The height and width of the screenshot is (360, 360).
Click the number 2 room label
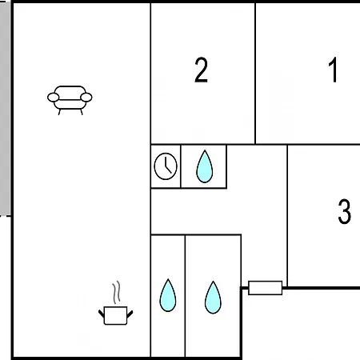click(201, 70)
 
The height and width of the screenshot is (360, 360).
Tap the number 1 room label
click(333, 70)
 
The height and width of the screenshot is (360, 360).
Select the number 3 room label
click(344, 211)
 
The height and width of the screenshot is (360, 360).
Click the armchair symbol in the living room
click(70, 100)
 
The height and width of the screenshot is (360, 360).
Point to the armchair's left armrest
click(53, 98)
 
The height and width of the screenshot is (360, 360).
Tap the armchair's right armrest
click(86, 98)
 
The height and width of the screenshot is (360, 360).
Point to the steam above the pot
click(116, 293)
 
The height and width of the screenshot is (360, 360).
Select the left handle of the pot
click(102, 314)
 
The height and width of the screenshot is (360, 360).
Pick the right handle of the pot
click(130, 314)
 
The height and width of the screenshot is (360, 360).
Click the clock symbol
click(166, 166)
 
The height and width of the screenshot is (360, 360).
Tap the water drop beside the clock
click(205, 166)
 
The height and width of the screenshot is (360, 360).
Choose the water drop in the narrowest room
click(168, 295)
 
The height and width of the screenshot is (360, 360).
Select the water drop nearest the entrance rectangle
click(213, 298)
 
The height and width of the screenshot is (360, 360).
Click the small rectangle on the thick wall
click(265, 288)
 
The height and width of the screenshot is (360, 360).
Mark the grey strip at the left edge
click(5, 108)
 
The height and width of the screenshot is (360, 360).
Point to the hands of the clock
click(167, 166)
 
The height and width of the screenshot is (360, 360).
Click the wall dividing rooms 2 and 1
click(255, 74)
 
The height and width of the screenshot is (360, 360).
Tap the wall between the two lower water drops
click(185, 296)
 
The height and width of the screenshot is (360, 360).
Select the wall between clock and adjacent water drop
click(181, 166)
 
